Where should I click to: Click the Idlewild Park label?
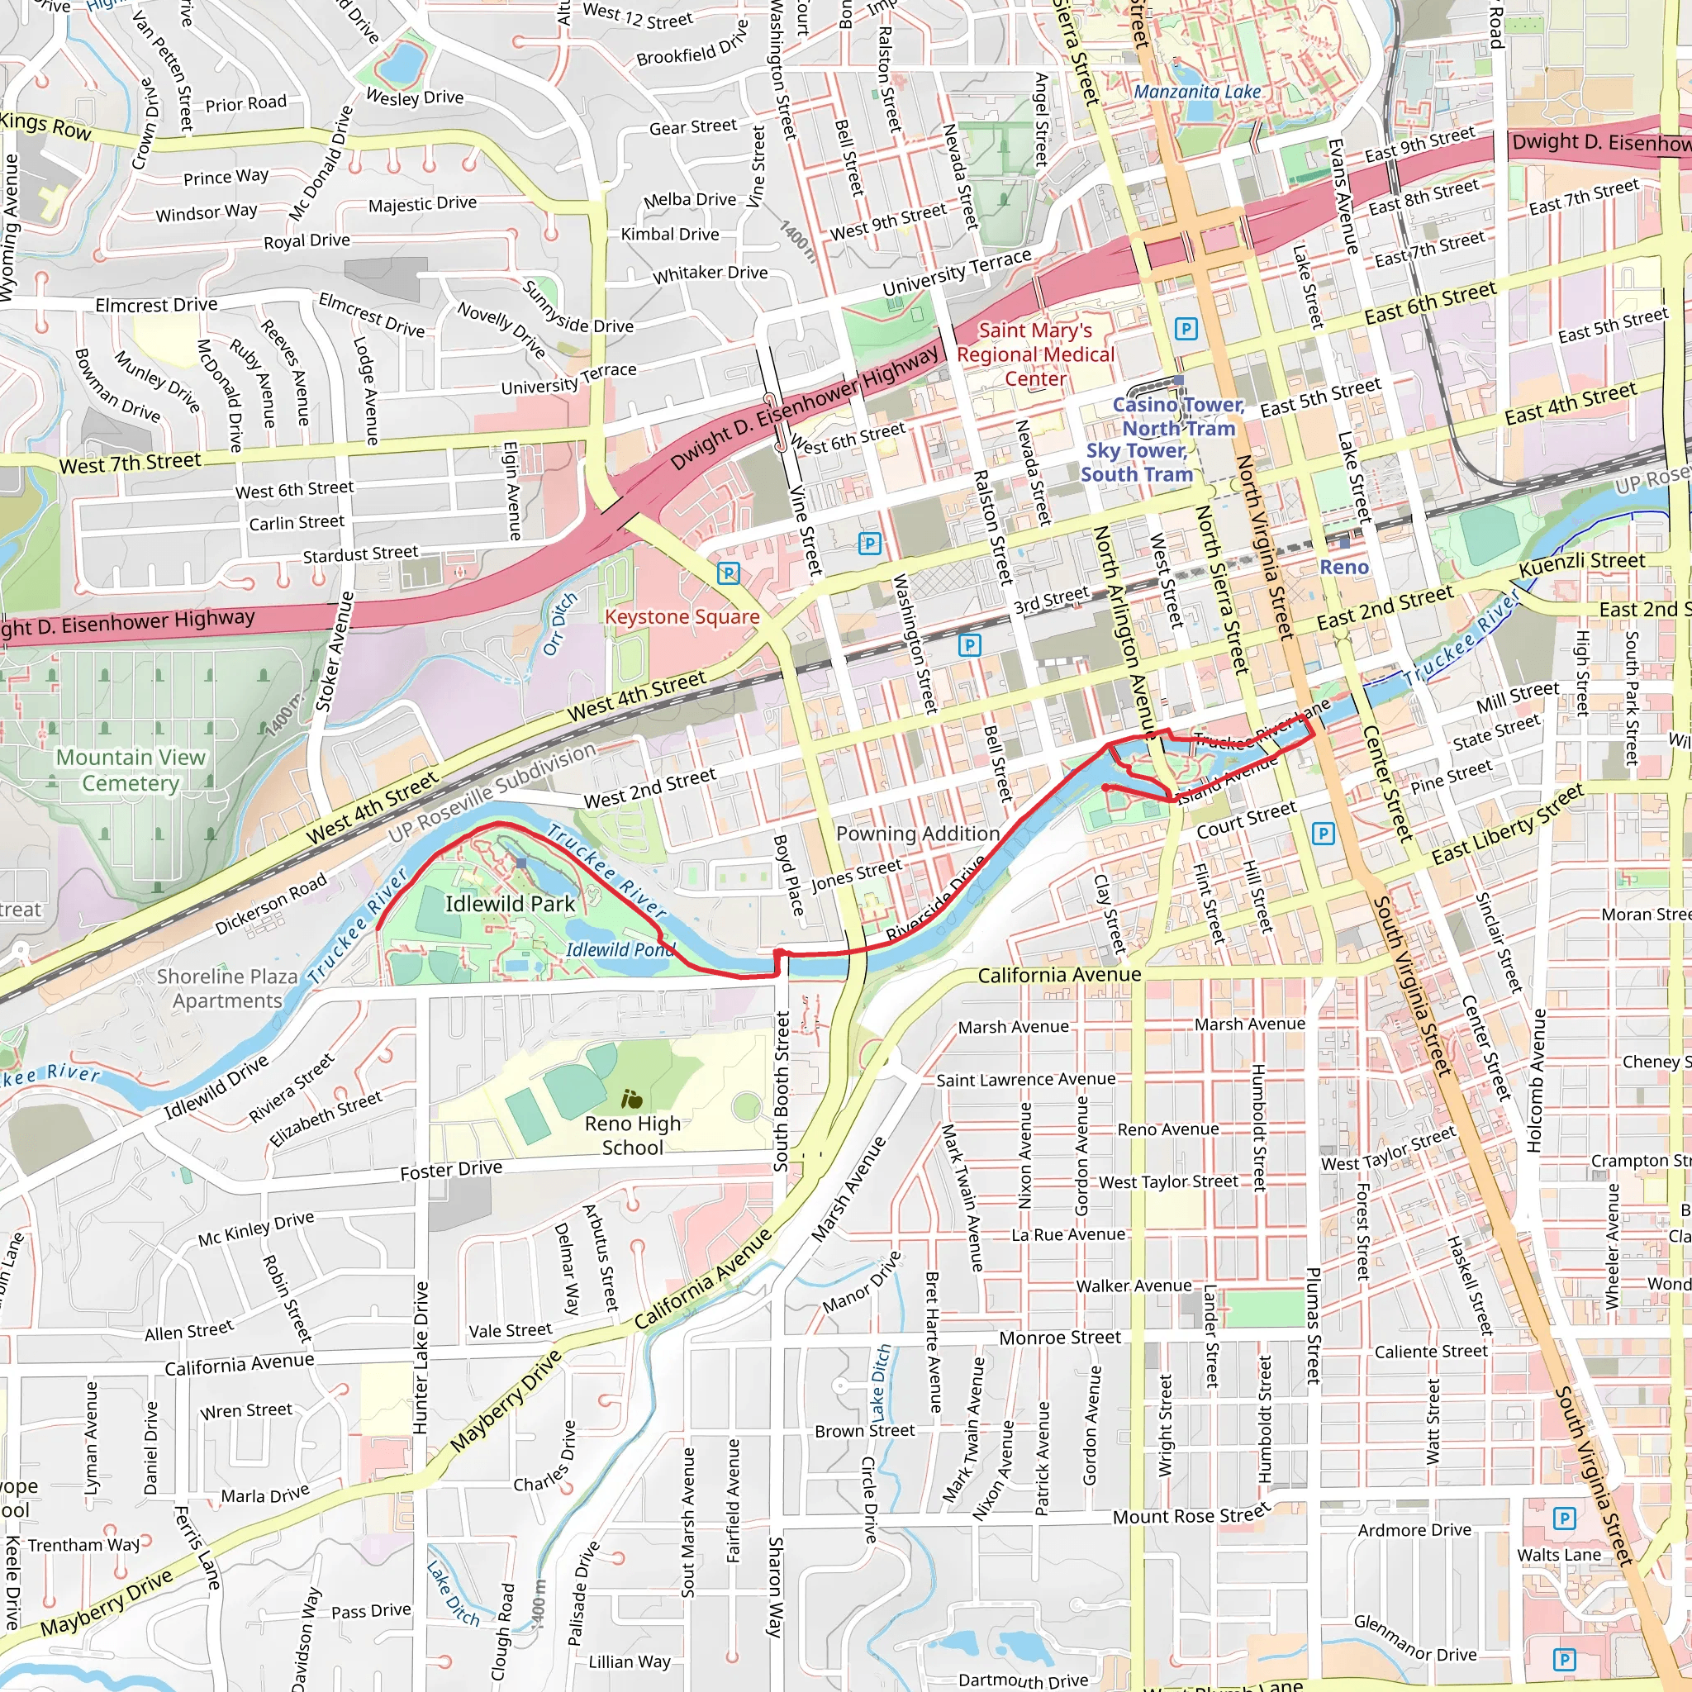(510, 904)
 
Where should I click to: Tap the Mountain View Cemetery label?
(131, 770)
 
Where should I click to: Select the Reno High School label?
(632, 1135)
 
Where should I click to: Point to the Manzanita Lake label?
(1197, 92)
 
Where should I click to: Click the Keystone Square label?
(682, 616)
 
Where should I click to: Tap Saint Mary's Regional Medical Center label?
(1035, 354)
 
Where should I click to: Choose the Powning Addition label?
(918, 834)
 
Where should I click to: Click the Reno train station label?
(1343, 568)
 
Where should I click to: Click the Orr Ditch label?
(560, 624)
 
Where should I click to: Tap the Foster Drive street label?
(451, 1170)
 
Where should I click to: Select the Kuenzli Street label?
(1581, 563)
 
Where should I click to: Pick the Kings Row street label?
(45, 126)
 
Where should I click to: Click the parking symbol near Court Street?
(1324, 833)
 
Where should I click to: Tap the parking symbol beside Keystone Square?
(729, 573)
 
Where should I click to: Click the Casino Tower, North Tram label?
(1178, 416)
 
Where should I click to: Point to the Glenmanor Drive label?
(1414, 1638)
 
